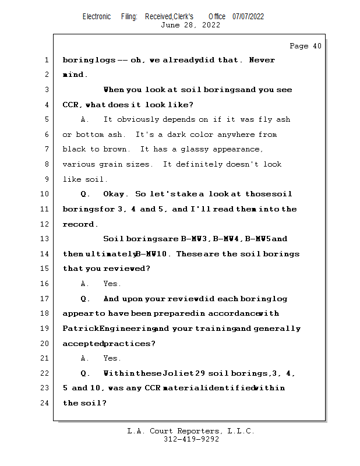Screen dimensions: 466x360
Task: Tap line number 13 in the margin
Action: (x=46, y=239)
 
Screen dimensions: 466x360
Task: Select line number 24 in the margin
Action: (x=46, y=403)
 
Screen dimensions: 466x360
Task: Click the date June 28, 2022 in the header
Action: (x=190, y=25)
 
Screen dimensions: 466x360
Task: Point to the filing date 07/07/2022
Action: (x=248, y=16)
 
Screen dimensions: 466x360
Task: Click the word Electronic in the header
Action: (x=97, y=16)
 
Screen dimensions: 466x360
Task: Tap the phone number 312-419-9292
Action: (x=191, y=440)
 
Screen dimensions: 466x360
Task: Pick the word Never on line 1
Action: (x=262, y=60)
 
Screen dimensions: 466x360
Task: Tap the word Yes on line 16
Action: (x=111, y=284)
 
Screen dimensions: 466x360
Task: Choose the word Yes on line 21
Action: (x=111, y=358)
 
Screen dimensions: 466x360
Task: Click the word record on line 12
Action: (x=79, y=224)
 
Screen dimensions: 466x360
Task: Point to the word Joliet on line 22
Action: (x=176, y=373)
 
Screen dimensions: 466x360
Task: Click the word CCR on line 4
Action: (x=72, y=105)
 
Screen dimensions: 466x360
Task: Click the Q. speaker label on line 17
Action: (x=85, y=299)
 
